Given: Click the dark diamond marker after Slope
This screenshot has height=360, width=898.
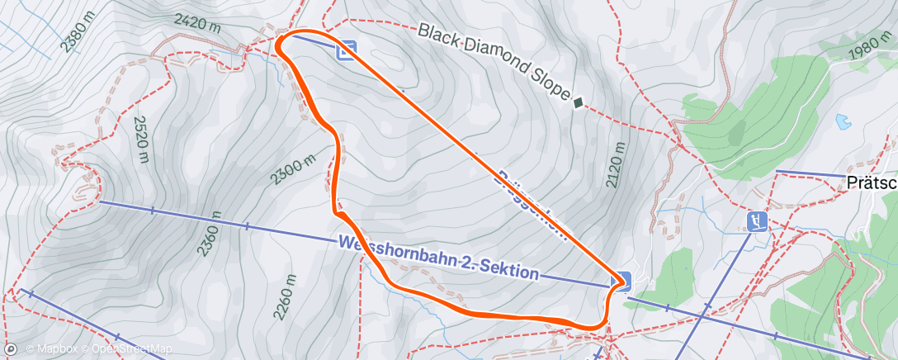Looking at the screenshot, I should click(578, 103).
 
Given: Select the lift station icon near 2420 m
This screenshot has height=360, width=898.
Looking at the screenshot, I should click(347, 51).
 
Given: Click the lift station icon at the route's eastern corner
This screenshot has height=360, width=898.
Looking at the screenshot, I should click(621, 281).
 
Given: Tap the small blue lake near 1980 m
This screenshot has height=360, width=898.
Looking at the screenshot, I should click(842, 121).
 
